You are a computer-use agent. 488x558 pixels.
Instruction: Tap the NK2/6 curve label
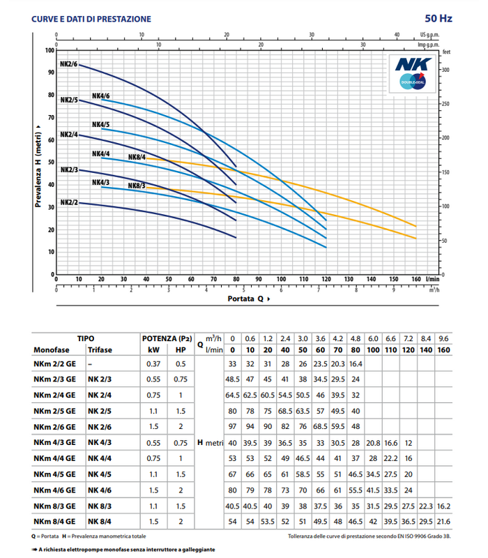point(68,65)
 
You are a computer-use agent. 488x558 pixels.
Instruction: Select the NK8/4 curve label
point(137,157)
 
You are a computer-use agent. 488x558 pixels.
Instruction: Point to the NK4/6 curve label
point(100,96)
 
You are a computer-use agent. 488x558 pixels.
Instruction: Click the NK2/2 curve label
point(68,202)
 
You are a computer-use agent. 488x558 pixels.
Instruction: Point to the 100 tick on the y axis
point(49,50)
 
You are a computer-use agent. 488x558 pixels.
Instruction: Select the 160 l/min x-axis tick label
point(416,279)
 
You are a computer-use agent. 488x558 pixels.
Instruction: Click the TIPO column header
point(86,338)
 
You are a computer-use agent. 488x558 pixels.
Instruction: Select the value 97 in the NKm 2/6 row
point(233,425)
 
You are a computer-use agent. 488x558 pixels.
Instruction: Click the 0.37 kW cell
point(151,363)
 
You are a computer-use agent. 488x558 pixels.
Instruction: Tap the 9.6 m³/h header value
point(443,338)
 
